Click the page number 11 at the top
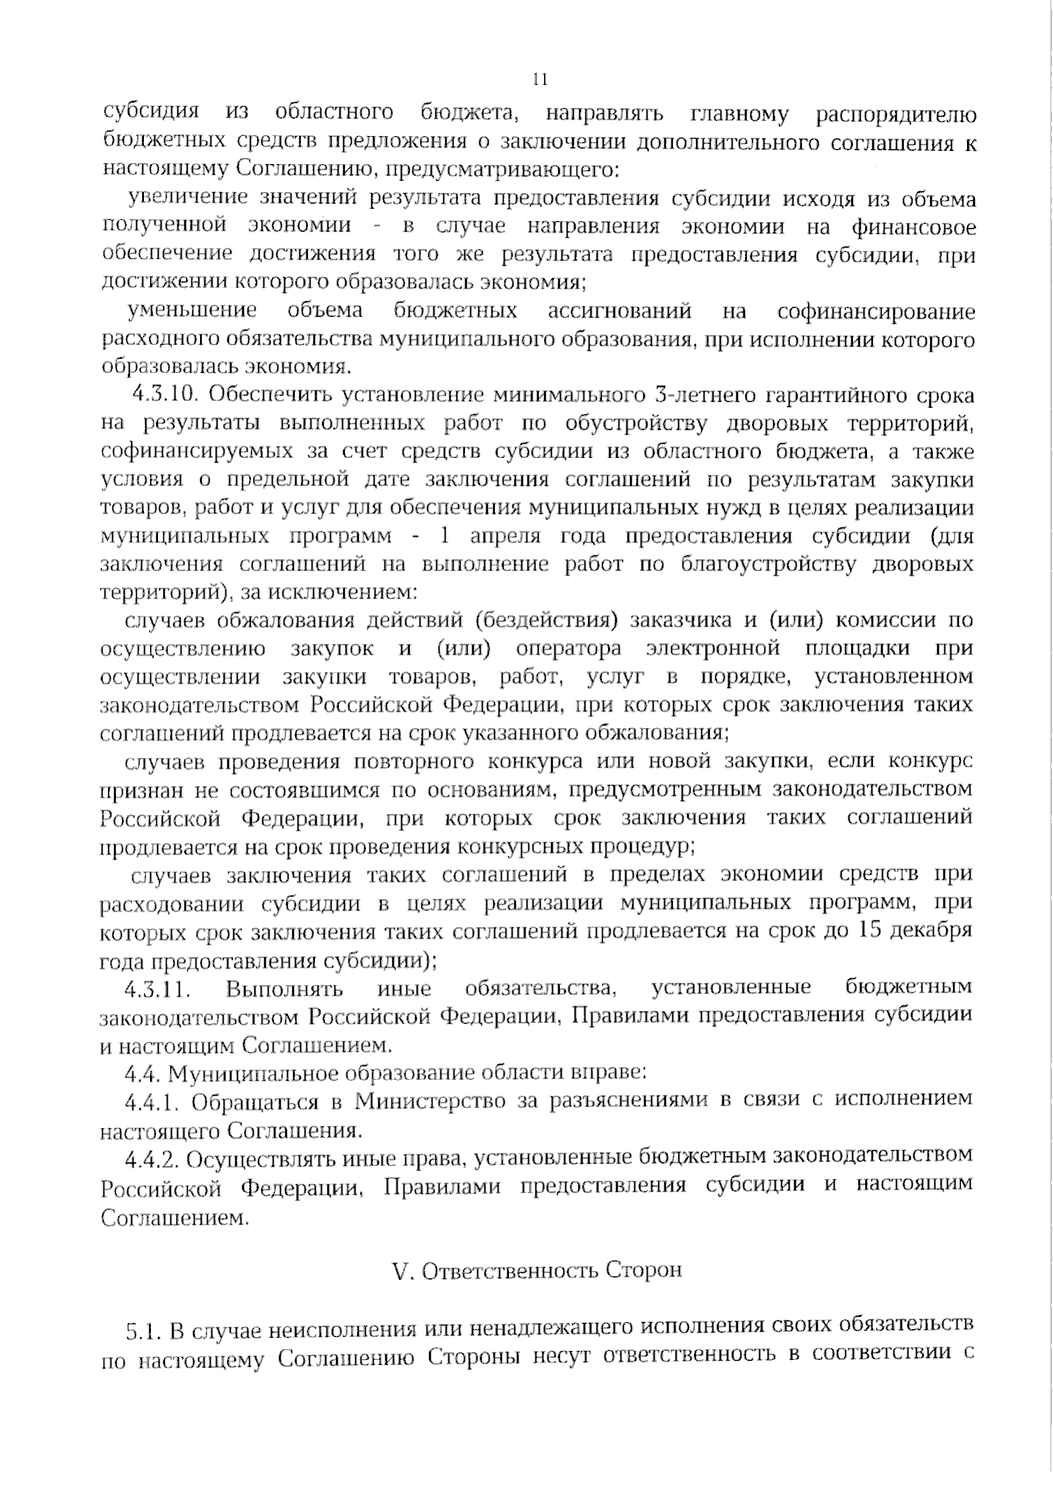tap(540, 80)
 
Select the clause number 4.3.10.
tap(167, 395)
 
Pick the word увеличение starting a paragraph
tap(175, 198)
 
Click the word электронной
tap(713, 649)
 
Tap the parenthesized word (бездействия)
tap(535, 621)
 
